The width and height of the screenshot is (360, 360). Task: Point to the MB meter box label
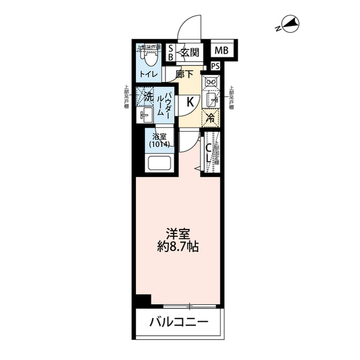[221, 51]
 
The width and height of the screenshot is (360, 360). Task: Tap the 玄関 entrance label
[190, 53]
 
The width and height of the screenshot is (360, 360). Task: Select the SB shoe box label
[172, 53]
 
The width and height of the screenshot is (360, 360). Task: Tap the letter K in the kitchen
[190, 102]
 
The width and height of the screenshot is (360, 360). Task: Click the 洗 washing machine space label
[147, 96]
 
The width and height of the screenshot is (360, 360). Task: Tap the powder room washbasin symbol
[145, 116]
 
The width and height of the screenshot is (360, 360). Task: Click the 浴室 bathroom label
[159, 135]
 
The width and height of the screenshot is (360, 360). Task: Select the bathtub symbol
[160, 164]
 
